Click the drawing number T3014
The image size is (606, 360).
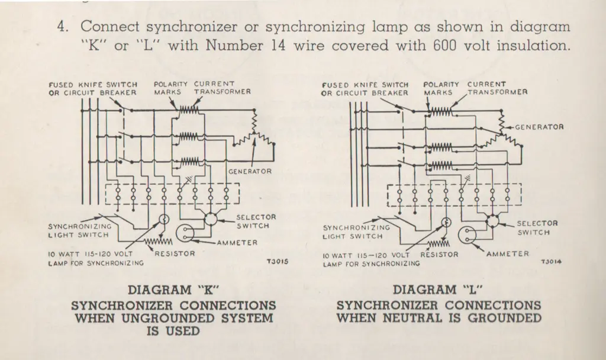(551, 261)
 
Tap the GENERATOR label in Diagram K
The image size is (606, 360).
(250, 172)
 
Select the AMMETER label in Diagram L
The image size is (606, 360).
(507, 254)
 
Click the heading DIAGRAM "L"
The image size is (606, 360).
(439, 290)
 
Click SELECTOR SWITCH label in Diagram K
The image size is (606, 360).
(253, 221)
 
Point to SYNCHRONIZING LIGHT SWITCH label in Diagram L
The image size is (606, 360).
(356, 232)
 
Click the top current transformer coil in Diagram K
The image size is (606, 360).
(188, 110)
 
